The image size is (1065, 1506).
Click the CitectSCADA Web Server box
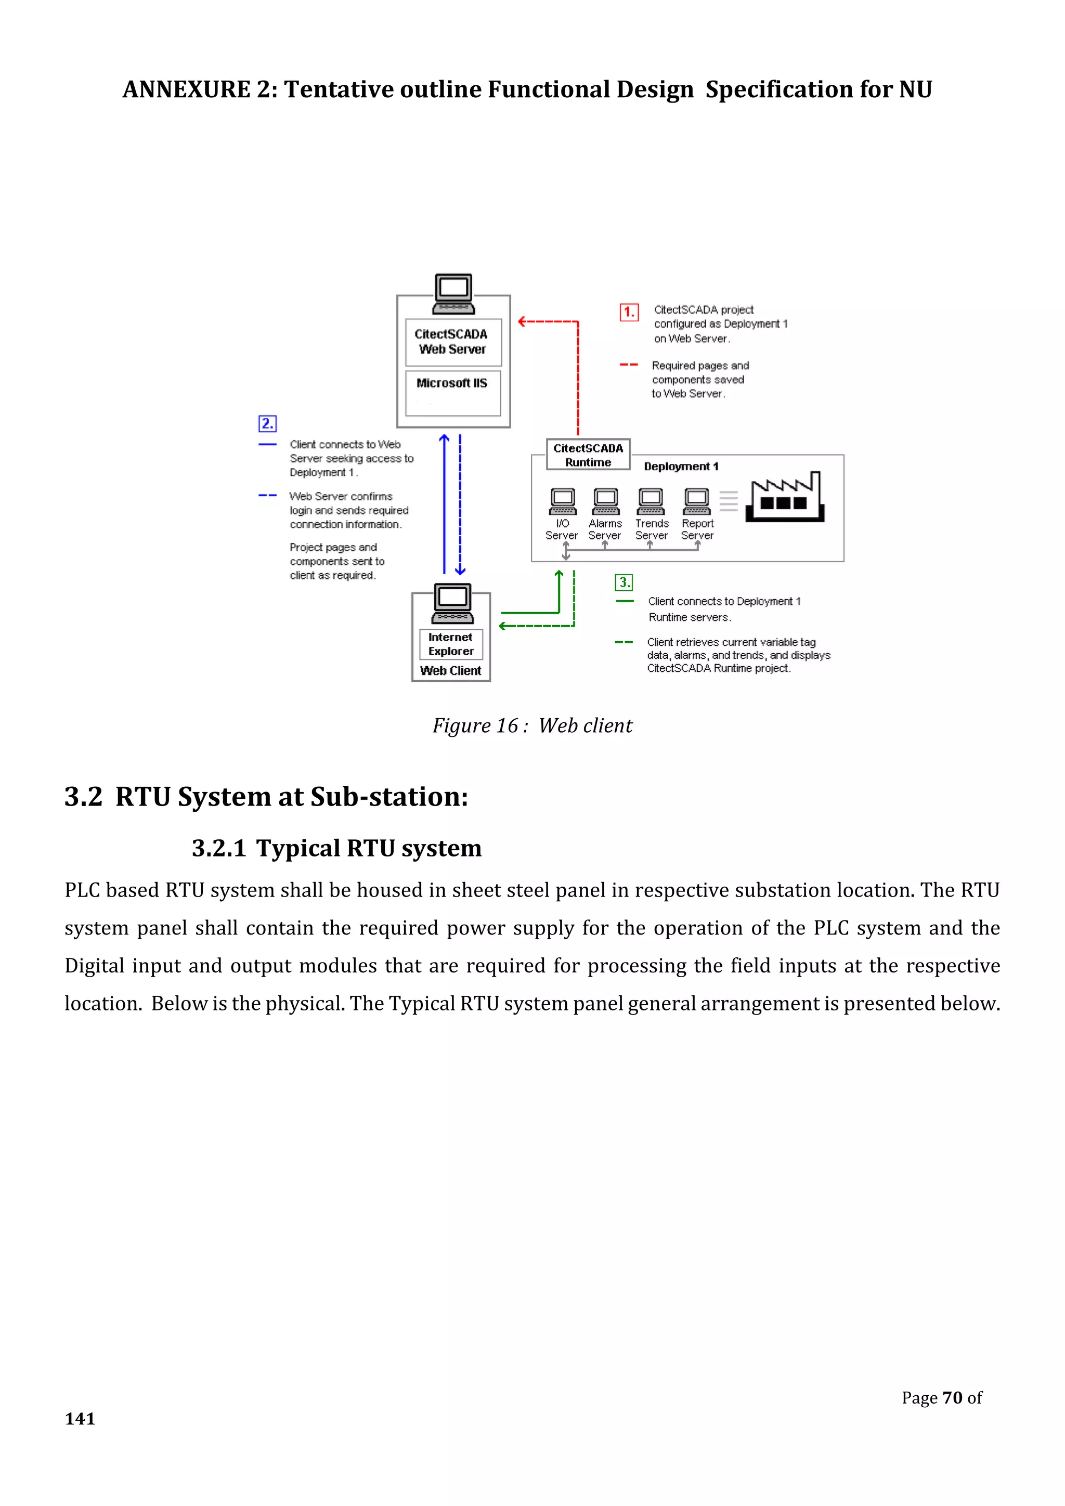[x=452, y=342]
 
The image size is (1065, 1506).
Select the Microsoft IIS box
[x=452, y=392]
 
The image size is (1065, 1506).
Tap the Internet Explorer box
[x=451, y=644]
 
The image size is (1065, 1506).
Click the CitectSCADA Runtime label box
[x=588, y=455]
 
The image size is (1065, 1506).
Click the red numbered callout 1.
[x=629, y=312]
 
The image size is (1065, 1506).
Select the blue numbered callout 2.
[x=267, y=424]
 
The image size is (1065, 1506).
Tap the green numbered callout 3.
[x=624, y=582]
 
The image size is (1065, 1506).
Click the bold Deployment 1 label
[x=681, y=466]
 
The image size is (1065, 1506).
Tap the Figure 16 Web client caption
[x=532, y=725]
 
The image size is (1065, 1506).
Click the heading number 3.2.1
[x=218, y=848]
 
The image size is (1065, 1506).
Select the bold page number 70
[x=952, y=1398]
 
